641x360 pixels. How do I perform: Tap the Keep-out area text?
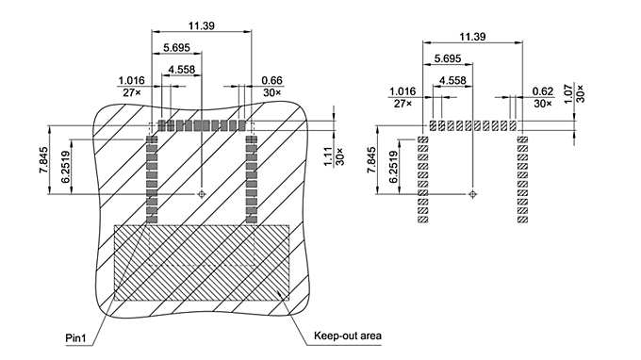[348, 335]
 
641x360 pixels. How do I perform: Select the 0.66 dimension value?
[272, 80]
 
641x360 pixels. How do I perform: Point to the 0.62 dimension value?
[542, 91]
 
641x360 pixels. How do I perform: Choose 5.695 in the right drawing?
[448, 58]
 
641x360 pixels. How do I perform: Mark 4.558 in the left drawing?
[182, 69]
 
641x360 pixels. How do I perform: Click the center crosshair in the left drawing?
[201, 194]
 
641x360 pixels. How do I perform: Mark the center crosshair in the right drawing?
[472, 195]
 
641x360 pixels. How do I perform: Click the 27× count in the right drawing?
[401, 104]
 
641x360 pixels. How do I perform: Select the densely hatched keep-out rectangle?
[202, 262]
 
